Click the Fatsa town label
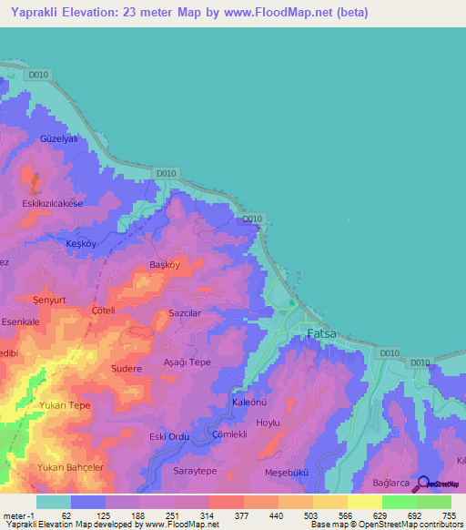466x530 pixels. (x=320, y=333)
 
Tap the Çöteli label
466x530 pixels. (x=102, y=310)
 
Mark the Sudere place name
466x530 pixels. (x=126, y=369)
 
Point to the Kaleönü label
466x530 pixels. (x=249, y=402)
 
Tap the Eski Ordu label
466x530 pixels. (x=168, y=437)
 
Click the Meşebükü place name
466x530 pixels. (x=287, y=472)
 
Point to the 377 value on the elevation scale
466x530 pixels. (x=243, y=515)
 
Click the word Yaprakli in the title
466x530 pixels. (x=35, y=12)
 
